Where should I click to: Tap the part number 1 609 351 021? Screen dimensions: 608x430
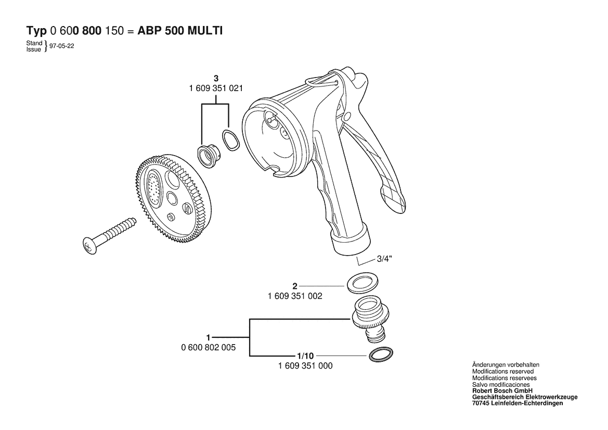pos(216,88)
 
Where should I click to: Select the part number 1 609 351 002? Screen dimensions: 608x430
pos(295,296)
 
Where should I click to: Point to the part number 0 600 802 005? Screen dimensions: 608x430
pos(208,347)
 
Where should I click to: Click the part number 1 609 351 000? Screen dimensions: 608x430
pos(305,365)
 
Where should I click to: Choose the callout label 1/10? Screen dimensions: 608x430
pos(305,356)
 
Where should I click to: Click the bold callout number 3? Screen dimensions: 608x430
pos(216,79)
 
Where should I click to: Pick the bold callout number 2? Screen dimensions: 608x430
pos(295,286)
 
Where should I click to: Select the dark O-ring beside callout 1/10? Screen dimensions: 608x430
pos(380,355)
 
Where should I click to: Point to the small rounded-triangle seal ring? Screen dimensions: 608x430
pos(231,140)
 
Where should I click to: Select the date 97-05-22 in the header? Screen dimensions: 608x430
pos(62,46)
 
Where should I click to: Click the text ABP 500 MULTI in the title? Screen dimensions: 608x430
pos(180,31)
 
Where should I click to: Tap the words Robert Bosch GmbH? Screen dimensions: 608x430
pos(502,391)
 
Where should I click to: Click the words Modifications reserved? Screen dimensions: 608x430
pos(503,371)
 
